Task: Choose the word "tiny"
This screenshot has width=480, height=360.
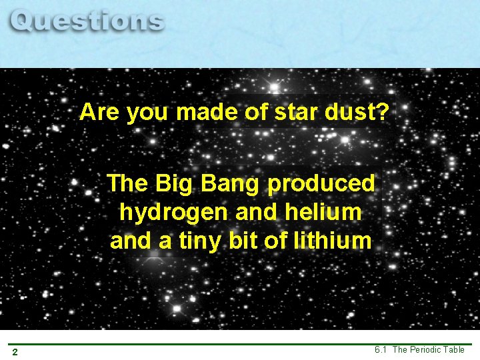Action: click(204, 241)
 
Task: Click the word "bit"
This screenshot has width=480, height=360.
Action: click(246, 240)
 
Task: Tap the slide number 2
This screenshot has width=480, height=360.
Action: click(14, 351)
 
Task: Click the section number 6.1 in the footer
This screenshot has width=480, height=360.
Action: click(381, 350)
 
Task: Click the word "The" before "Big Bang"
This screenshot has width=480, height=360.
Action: click(128, 183)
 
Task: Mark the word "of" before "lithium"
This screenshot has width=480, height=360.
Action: click(275, 240)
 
